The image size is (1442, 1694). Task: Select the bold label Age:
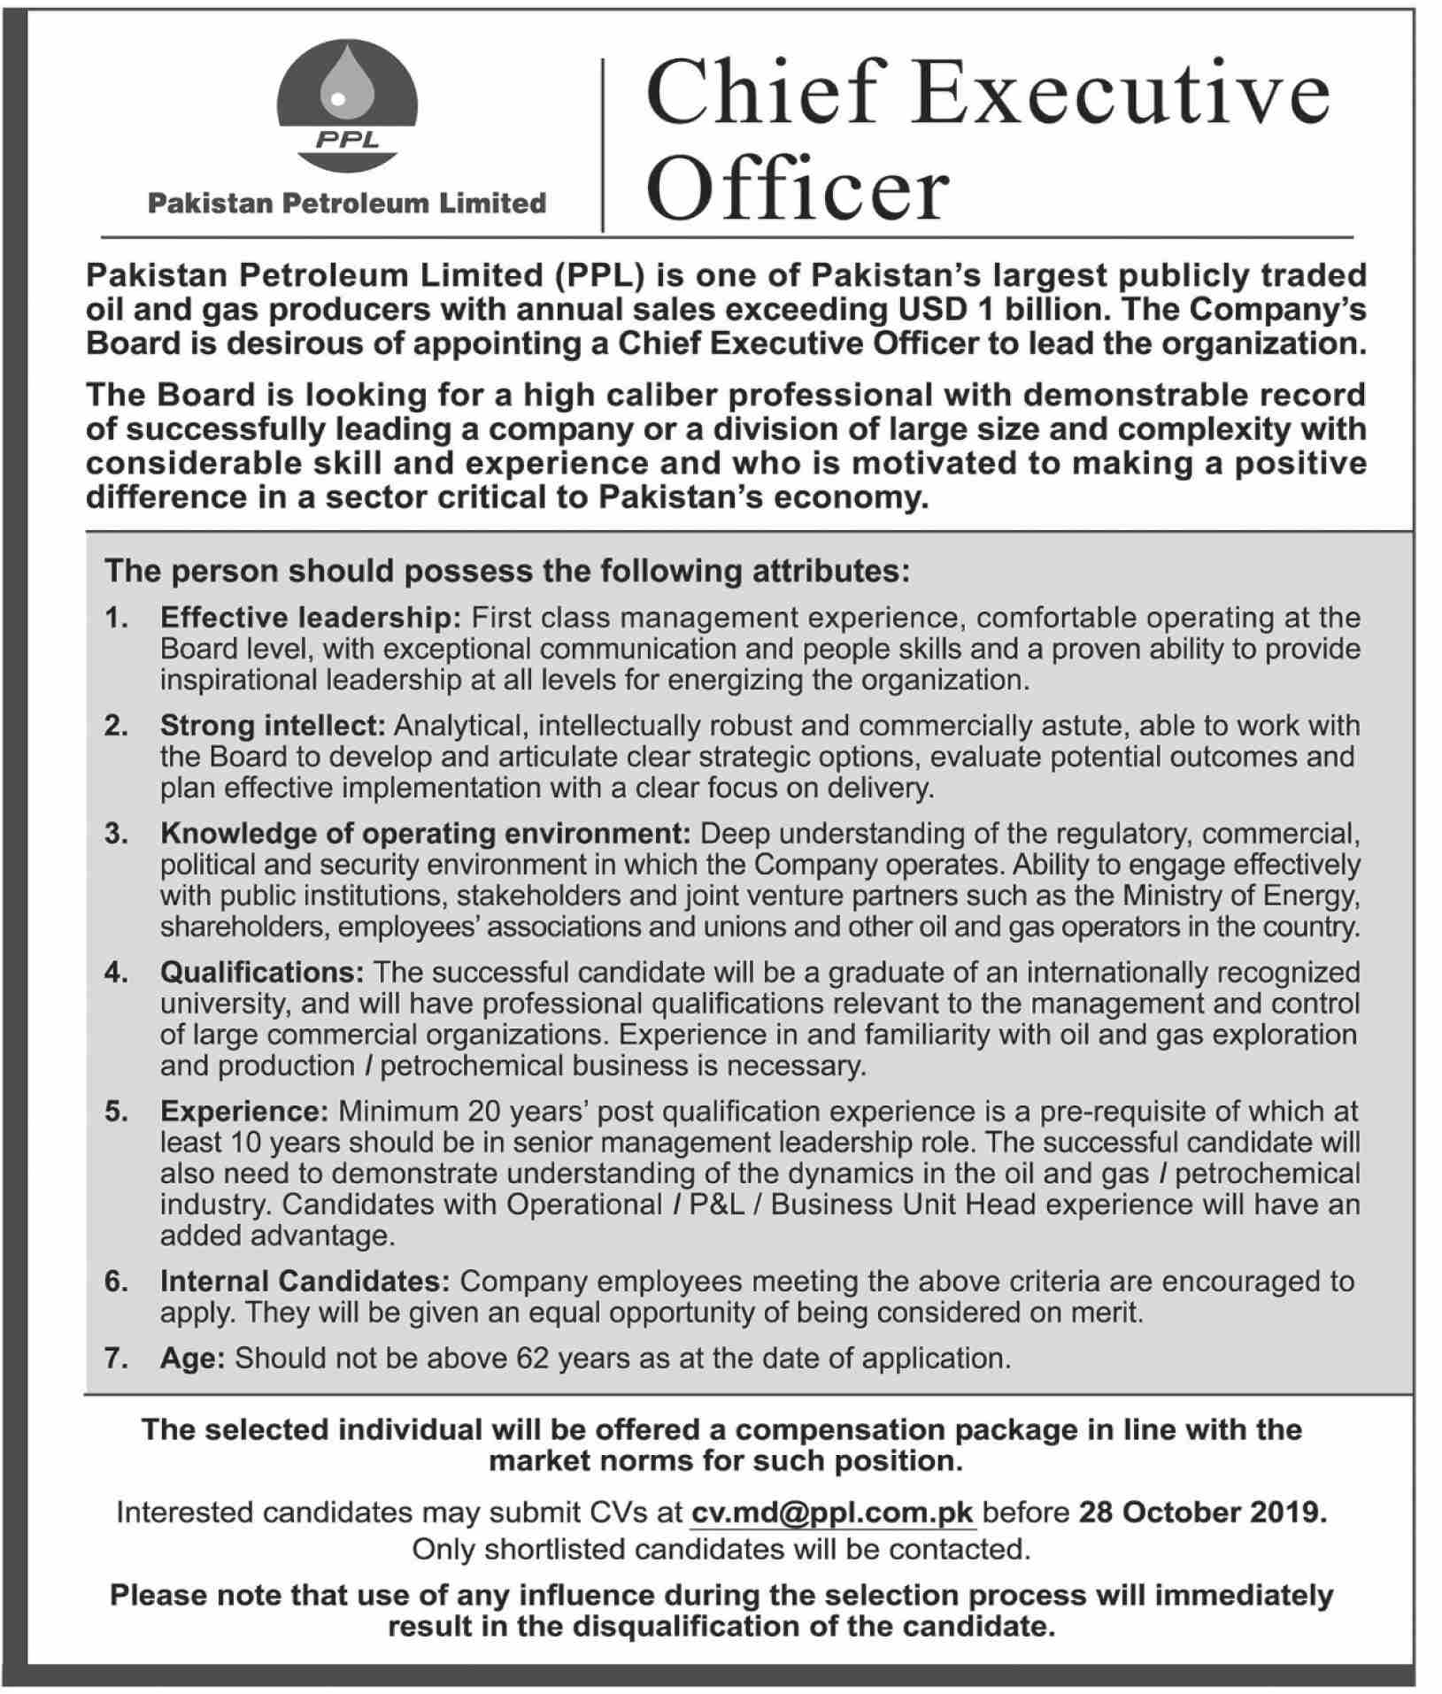point(193,1358)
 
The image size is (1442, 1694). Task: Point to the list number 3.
point(116,834)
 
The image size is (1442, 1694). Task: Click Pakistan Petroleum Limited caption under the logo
point(346,204)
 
